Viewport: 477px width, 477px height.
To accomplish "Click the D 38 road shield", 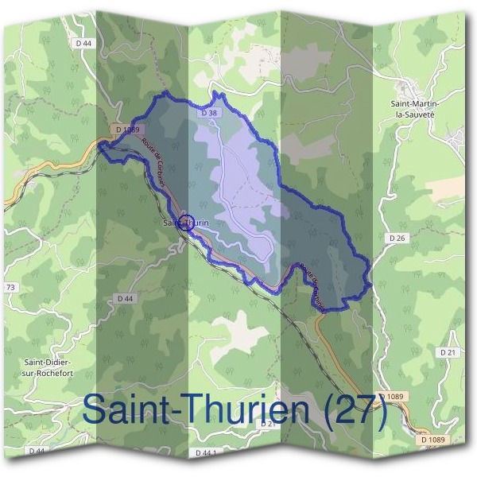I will pos(209,114).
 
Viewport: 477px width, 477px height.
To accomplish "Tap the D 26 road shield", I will pos(398,238).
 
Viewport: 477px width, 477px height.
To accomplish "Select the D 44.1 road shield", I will pos(206,452).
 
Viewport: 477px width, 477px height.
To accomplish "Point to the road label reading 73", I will pos(10,287).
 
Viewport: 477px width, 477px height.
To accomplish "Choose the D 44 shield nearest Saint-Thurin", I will pos(123,298).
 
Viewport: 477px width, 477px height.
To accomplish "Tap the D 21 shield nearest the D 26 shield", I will pos(446,351).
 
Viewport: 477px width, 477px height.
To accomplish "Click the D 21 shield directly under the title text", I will pos(267,425).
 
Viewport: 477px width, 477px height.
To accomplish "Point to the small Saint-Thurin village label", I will pos(186,223).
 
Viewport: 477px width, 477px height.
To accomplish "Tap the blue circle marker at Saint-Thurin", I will pos(187,223).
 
